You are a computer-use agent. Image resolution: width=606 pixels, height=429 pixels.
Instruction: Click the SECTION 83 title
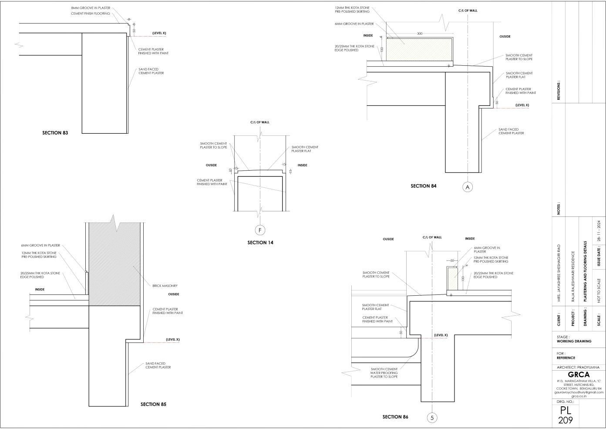coord(55,132)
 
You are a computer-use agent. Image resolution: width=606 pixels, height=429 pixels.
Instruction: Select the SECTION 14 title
coord(260,243)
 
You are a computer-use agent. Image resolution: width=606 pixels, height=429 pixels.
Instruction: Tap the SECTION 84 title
coord(423,186)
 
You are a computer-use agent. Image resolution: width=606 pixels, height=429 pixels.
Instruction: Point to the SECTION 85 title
coord(153,404)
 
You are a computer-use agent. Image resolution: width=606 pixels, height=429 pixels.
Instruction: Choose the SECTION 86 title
coord(395,417)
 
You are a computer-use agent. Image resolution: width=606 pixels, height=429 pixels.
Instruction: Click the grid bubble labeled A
coord(468,187)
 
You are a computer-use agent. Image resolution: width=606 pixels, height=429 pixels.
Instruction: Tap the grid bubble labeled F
coord(260,230)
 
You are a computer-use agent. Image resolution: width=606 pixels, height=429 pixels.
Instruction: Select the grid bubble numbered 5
coord(432,418)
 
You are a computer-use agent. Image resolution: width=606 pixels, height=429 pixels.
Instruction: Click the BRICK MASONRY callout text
coord(165,286)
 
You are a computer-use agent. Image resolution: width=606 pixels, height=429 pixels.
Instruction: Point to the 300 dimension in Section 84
coord(420,34)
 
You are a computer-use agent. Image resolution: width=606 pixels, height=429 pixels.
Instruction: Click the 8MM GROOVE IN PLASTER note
coord(91,8)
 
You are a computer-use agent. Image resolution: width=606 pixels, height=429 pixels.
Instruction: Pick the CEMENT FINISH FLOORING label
coord(91,14)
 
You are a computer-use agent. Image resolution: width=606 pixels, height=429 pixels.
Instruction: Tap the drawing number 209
coord(566,420)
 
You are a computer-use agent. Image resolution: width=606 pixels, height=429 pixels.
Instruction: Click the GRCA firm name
coord(579,375)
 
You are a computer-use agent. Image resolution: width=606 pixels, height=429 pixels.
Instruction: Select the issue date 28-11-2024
coord(599,231)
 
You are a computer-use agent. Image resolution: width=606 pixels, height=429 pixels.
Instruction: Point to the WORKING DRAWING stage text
coord(574,341)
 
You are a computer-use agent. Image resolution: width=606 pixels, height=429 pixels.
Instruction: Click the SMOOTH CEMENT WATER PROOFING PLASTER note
coord(384,373)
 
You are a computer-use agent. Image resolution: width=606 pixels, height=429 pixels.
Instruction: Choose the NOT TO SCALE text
coord(599,291)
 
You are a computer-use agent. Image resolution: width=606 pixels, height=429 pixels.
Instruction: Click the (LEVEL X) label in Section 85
coord(173,339)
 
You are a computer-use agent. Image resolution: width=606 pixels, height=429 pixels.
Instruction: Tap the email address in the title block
coord(579,392)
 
